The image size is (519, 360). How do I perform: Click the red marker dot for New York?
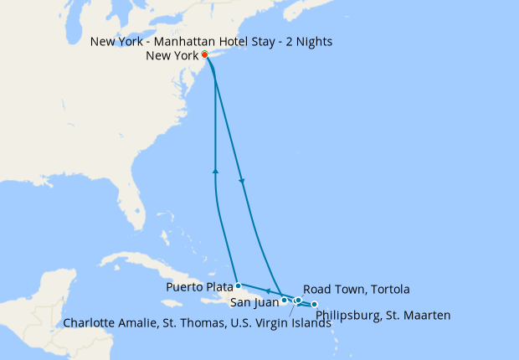pyautogui.click(x=205, y=55)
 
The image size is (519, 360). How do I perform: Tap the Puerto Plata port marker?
pyautogui.click(x=239, y=285)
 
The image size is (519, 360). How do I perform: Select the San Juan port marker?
pyautogui.click(x=285, y=300)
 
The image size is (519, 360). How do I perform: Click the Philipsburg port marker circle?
pyautogui.click(x=315, y=304)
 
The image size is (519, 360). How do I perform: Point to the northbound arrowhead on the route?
pyautogui.click(x=216, y=171)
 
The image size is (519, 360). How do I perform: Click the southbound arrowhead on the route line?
pyautogui.click(x=243, y=183)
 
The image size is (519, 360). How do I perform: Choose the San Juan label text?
pyautogui.click(x=253, y=301)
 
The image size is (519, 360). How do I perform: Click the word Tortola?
pyautogui.click(x=388, y=289)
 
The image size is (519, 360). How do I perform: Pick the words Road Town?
pyautogui.click(x=334, y=289)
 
